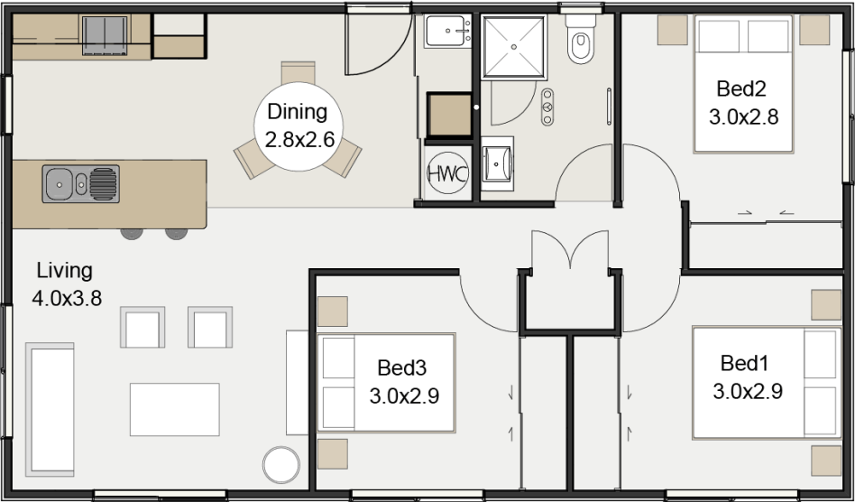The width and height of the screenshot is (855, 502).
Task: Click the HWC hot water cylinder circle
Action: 447,173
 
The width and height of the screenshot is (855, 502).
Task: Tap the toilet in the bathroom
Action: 579,42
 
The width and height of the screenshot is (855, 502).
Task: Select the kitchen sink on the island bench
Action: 80,184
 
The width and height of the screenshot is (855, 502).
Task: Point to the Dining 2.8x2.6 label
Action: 298,126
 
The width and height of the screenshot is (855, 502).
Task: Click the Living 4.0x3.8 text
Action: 64,284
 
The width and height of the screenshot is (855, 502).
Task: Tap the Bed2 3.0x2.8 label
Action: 742,103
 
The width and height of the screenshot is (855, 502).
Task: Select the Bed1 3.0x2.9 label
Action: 746,377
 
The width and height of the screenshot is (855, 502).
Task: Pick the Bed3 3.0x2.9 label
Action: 403,382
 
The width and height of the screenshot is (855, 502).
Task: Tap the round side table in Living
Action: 280,466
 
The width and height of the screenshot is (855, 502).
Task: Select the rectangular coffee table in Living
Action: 175,409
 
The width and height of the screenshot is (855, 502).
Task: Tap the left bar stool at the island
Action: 132,232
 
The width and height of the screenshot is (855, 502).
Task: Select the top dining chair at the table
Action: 298,72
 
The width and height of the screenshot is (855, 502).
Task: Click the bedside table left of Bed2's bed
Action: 671,29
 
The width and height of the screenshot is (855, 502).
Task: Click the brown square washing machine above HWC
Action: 448,115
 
